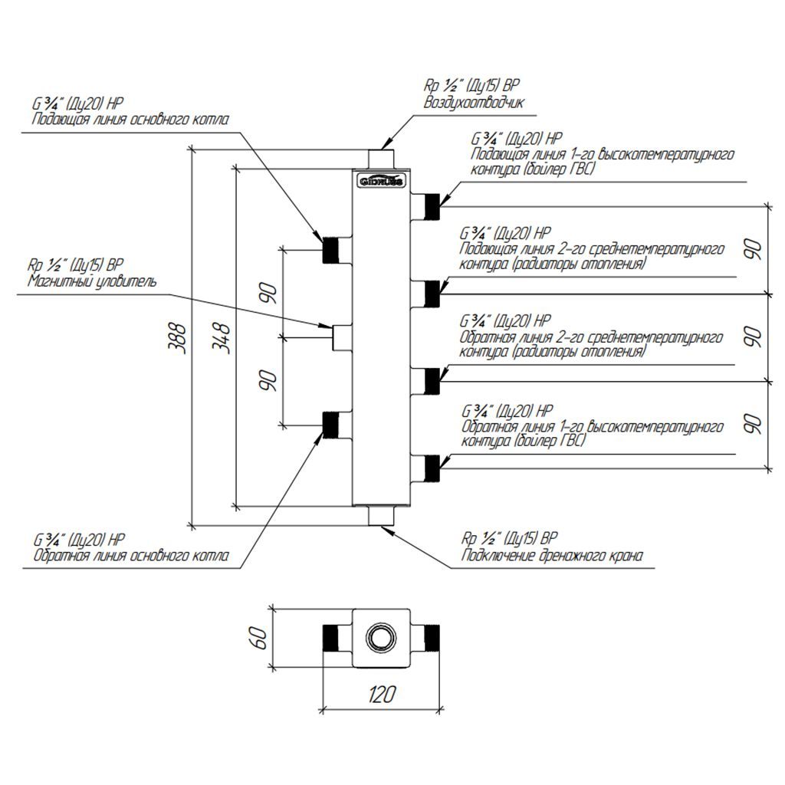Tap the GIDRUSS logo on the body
pos(380,181)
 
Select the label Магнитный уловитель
pos(92,281)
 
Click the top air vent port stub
pos(380,158)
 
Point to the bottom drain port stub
pos(380,515)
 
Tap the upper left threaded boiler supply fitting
pos(332,250)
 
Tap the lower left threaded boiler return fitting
pos(332,424)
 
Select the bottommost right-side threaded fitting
pos(432,466)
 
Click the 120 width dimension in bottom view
pos(382,695)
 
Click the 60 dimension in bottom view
pos(260,638)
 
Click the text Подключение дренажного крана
pos(551,555)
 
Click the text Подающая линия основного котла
pos(130,120)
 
